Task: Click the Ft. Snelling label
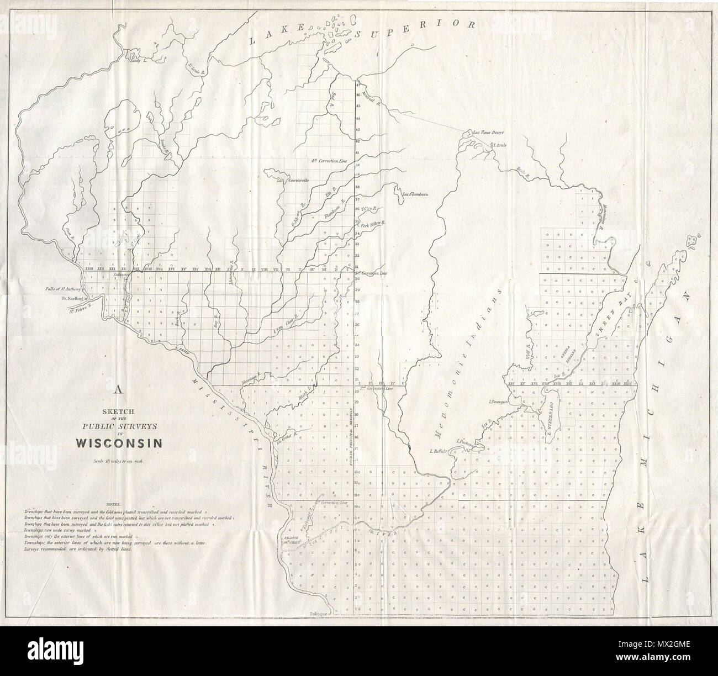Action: (x=75, y=299)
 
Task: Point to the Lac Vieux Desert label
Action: (x=484, y=133)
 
